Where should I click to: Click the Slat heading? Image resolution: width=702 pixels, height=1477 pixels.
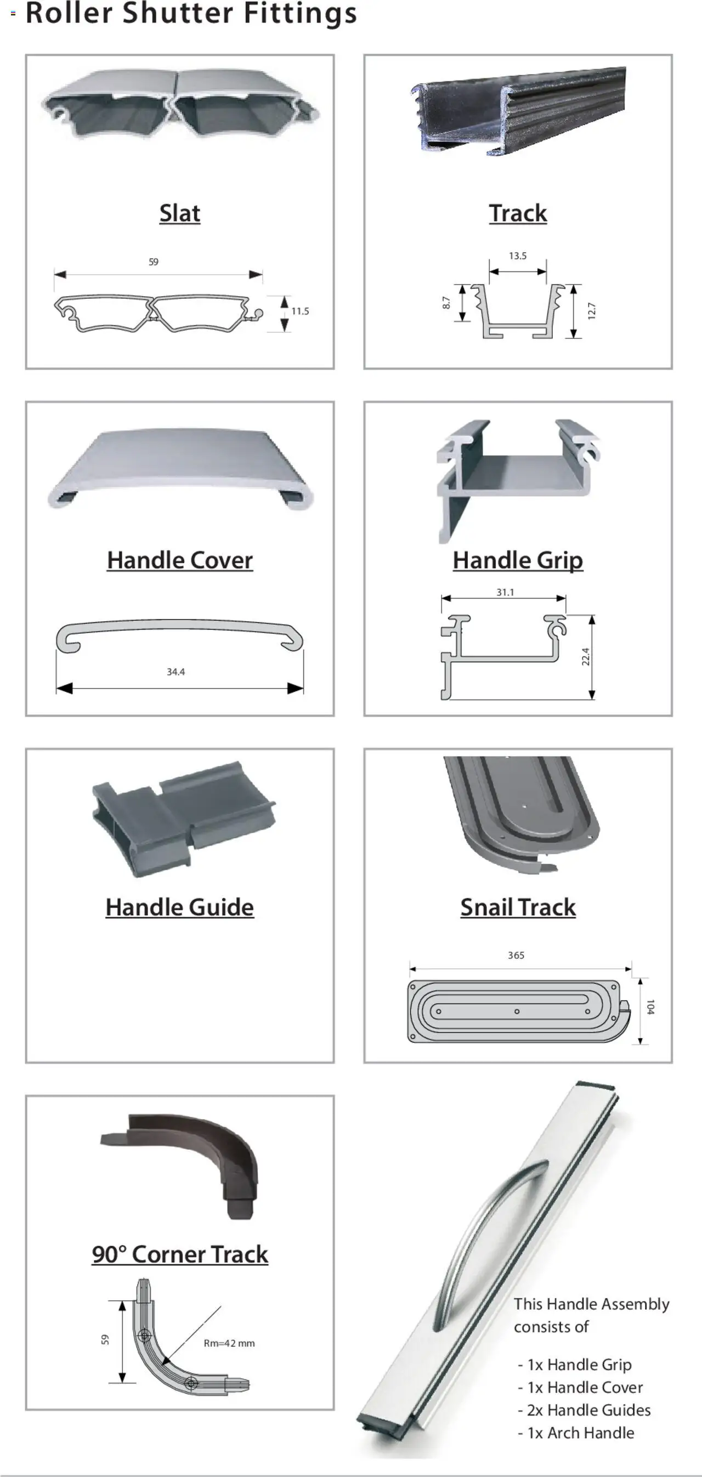[179, 213]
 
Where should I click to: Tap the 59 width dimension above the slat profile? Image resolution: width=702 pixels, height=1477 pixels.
[153, 262]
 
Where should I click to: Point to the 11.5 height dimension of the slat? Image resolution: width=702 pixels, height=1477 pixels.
[300, 311]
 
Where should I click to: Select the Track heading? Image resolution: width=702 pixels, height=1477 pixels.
[517, 213]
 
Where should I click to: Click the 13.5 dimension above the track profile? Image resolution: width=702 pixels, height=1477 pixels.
[517, 255]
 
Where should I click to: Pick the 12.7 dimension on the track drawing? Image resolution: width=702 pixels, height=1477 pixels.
[592, 311]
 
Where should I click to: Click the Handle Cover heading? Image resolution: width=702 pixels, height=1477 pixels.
[179, 560]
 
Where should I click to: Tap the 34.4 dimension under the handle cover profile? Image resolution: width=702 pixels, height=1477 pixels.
[175, 672]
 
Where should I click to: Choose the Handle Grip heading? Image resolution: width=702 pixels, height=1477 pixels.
[517, 560]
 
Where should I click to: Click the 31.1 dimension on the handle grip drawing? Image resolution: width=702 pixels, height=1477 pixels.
[505, 592]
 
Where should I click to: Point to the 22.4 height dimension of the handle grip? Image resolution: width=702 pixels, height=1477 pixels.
[586, 656]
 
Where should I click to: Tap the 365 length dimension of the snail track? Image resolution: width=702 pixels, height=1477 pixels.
[516, 955]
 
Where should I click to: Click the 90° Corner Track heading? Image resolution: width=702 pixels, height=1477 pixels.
[179, 1254]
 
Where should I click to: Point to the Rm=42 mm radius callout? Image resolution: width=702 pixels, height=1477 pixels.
[229, 1343]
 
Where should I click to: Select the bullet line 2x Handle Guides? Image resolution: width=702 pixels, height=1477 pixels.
[585, 1410]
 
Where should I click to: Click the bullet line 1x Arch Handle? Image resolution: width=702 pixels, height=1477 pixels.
[576, 1433]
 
